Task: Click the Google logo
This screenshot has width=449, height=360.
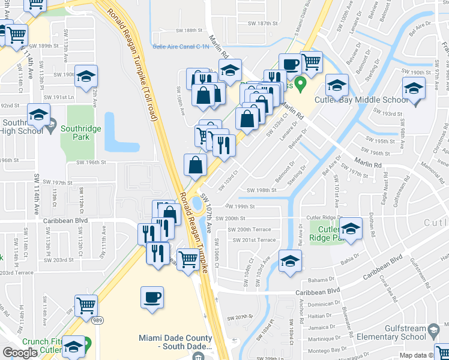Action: [x=20, y=353]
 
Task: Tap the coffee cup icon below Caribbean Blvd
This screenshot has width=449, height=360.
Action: [x=152, y=297]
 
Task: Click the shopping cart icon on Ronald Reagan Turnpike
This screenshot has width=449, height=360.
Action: [x=188, y=260]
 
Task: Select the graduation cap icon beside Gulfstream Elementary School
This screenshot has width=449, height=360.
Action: [x=433, y=331]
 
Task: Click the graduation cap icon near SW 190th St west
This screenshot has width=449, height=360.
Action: [x=86, y=76]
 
